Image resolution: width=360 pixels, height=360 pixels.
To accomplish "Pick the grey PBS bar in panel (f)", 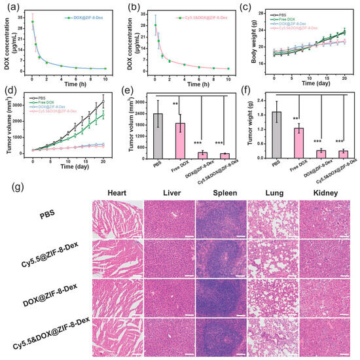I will (x=277, y=135).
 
